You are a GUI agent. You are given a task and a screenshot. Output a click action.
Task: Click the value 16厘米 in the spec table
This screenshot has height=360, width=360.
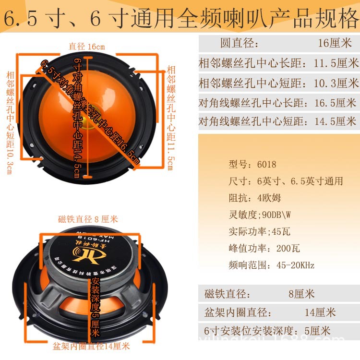coord(336,44)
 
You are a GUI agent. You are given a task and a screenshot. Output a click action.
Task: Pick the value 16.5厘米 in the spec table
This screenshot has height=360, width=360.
coord(334,102)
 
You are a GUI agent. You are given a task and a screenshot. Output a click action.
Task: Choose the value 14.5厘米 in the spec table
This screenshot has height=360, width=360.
coord(334,121)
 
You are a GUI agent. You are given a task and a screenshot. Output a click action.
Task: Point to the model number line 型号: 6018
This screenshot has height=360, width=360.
coord(252,165)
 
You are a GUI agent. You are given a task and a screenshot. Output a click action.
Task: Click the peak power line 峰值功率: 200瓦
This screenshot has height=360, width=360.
coord(264,248)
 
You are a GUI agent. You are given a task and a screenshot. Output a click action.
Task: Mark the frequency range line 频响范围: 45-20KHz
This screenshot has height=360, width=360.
coord(271,265)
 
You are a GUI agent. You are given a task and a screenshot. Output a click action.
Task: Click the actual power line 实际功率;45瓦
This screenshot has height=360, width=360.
coord(259,231)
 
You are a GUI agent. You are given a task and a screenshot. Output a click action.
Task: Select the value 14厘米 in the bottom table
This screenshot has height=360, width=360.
coord(320,312)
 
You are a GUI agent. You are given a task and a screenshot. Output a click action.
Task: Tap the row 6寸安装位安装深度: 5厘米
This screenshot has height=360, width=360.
coord(267,331)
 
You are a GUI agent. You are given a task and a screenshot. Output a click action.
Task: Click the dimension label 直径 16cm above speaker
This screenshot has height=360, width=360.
coord(86,47)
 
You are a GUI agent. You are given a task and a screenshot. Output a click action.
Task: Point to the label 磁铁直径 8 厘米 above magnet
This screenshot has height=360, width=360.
coord(88,219)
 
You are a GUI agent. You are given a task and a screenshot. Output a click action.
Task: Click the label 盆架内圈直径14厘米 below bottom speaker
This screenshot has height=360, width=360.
coord(91,346)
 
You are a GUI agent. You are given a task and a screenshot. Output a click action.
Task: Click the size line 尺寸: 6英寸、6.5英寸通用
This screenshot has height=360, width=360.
coord(286,181)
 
